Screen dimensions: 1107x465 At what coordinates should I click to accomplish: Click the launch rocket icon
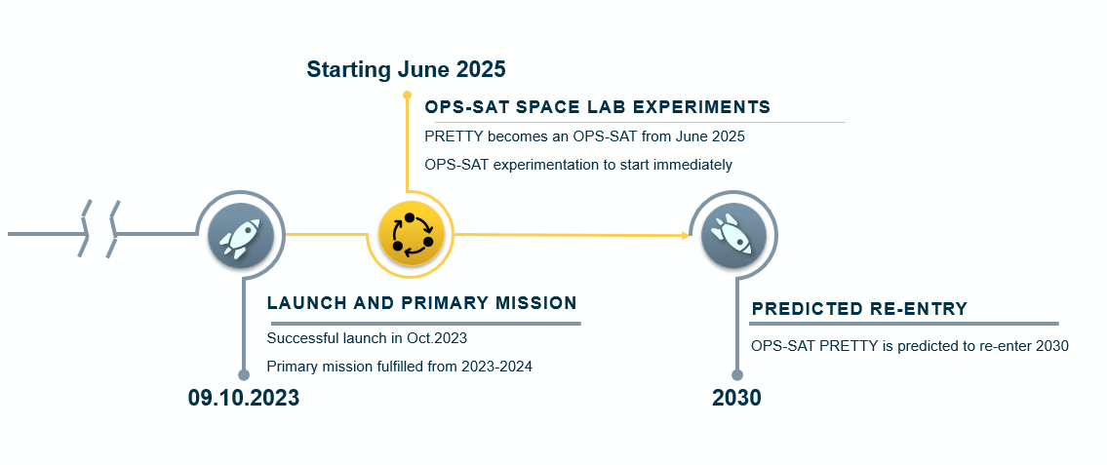pyautogui.click(x=240, y=236)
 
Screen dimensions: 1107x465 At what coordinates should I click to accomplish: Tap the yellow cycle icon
pyautogui.click(x=411, y=234)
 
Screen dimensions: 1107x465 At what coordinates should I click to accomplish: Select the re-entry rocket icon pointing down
pyautogui.click(x=733, y=236)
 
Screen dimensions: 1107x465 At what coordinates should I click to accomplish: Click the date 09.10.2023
pyautogui.click(x=244, y=398)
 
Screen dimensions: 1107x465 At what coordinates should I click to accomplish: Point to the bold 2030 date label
pyautogui.click(x=736, y=398)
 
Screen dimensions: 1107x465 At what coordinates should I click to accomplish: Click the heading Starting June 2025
pyautogui.click(x=406, y=69)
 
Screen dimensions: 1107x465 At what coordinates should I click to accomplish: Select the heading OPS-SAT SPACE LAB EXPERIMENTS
pyautogui.click(x=597, y=107)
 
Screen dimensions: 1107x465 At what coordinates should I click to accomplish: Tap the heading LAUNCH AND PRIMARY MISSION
pyautogui.click(x=421, y=303)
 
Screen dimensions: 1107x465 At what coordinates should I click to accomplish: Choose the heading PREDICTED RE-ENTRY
pyautogui.click(x=859, y=309)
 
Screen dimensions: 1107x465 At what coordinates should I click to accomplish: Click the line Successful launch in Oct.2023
pyautogui.click(x=367, y=338)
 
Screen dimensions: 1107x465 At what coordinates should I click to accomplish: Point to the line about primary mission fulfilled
pyautogui.click(x=400, y=367)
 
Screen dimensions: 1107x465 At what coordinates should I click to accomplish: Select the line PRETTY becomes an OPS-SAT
pyautogui.click(x=584, y=136)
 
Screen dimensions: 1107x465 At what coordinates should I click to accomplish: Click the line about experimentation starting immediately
pyautogui.click(x=578, y=165)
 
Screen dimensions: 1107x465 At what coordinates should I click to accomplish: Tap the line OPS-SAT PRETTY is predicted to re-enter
pyautogui.click(x=910, y=346)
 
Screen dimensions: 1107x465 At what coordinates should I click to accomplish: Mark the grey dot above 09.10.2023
pyautogui.click(x=244, y=374)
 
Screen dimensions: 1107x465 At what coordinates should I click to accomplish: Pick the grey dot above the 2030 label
pyautogui.click(x=737, y=374)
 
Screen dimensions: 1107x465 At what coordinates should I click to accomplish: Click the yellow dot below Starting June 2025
pyautogui.click(x=407, y=95)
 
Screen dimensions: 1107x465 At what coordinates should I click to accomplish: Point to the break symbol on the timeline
pyautogui.click(x=100, y=229)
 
